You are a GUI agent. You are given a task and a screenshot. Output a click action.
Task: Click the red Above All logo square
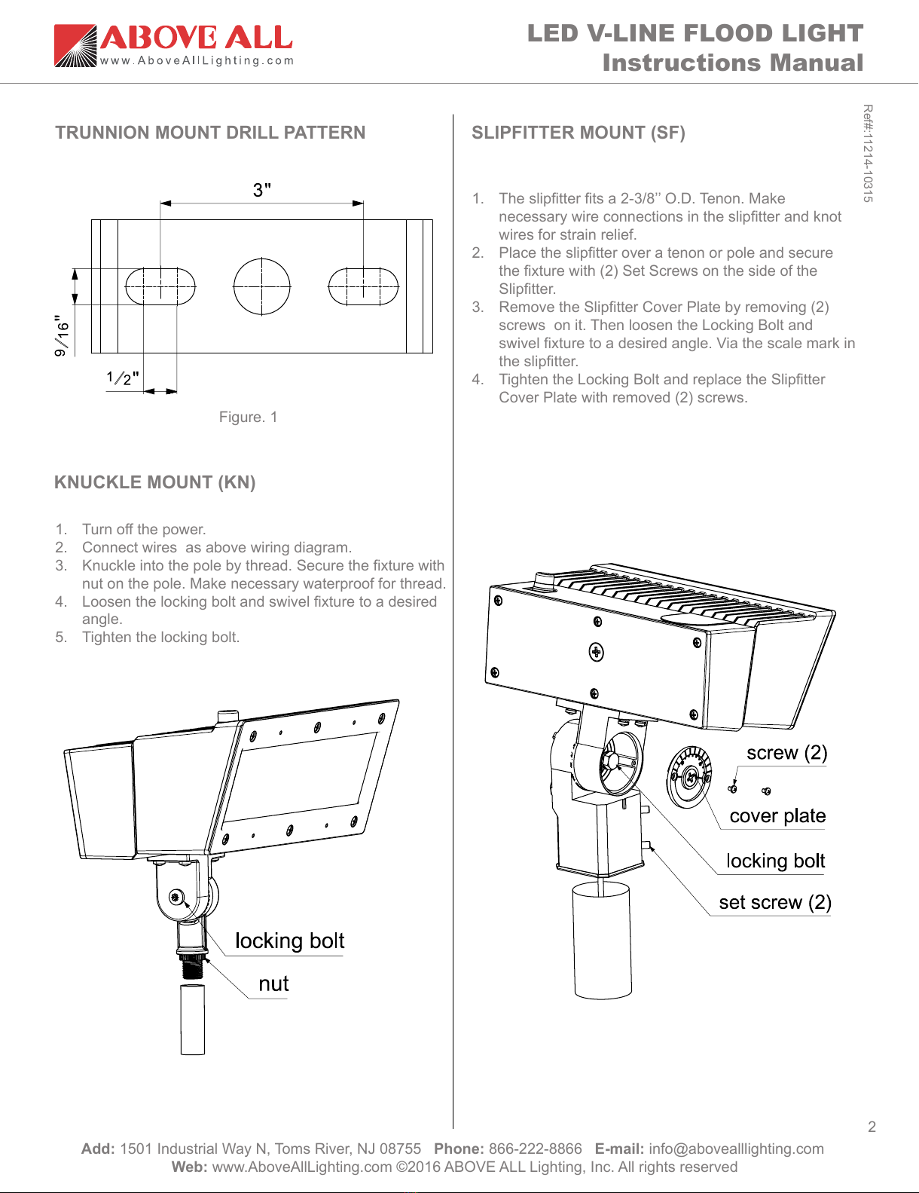pyautogui.click(x=75, y=45)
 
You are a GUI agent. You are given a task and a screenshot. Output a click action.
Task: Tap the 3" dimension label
pyautogui.click(x=261, y=190)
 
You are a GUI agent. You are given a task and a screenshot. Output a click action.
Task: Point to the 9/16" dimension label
pyautogui.click(x=62, y=335)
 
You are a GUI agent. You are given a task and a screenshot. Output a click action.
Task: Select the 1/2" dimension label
pyautogui.click(x=122, y=378)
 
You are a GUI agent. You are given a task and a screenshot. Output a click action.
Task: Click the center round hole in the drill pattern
pyautogui.click(x=261, y=286)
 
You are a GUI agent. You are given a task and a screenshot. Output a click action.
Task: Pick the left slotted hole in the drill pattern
pyautogui.click(x=160, y=286)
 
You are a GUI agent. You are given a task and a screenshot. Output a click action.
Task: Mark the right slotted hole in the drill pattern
pyautogui.click(x=363, y=286)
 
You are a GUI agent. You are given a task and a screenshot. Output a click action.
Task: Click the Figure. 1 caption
pyautogui.click(x=248, y=418)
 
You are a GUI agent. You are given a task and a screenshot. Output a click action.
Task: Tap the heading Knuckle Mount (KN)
pyautogui.click(x=154, y=482)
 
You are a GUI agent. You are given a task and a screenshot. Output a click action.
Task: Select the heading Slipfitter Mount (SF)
pyautogui.click(x=579, y=133)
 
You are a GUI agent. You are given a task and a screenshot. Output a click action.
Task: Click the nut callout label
pyautogui.click(x=273, y=983)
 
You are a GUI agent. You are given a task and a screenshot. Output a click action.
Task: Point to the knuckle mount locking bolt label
pyautogui.click(x=290, y=941)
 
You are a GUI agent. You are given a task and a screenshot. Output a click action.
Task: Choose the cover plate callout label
pyautogui.click(x=777, y=816)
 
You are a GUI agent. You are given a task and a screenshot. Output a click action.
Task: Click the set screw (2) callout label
pyautogui.click(x=774, y=902)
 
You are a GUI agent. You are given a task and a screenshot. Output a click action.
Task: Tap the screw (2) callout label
pyautogui.click(x=786, y=753)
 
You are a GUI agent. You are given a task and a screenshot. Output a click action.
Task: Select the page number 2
pyautogui.click(x=872, y=1127)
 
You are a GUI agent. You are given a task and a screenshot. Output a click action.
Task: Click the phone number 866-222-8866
pyautogui.click(x=535, y=1149)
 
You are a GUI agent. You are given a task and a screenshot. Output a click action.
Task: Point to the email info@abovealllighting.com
pyautogui.click(x=736, y=1149)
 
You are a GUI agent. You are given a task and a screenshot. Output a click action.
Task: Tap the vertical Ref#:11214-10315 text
pyautogui.click(x=868, y=153)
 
